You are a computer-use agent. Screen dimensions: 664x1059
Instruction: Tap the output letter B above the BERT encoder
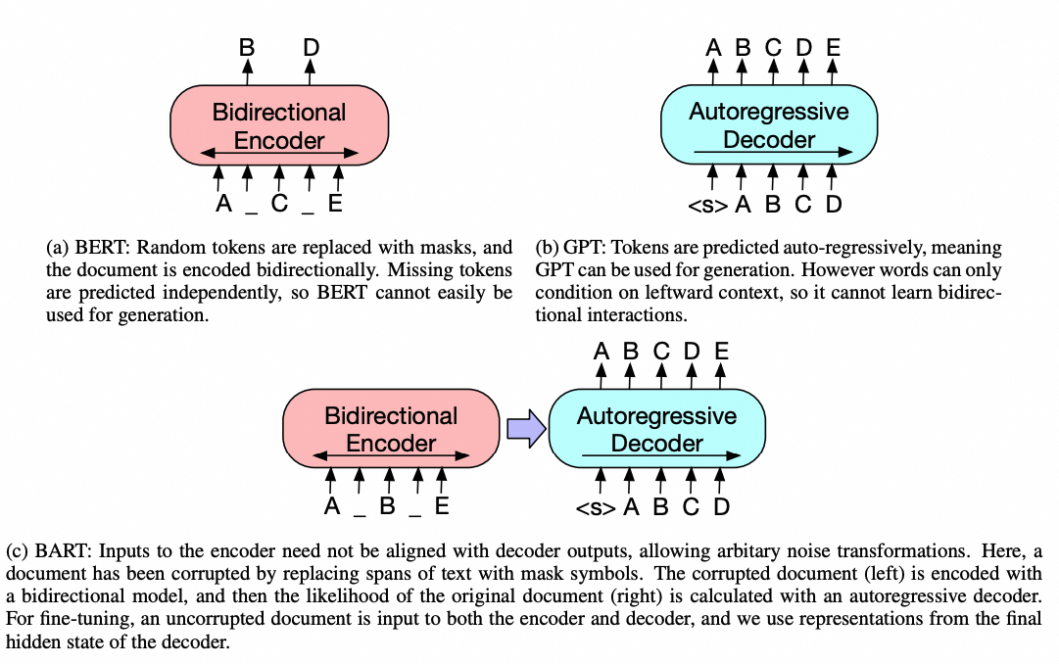(247, 46)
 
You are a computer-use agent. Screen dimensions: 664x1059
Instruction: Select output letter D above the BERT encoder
(311, 46)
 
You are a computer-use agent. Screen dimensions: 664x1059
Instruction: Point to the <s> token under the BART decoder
(597, 507)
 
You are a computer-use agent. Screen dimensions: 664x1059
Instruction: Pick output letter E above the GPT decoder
(833, 46)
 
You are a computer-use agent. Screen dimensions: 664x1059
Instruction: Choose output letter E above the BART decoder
(721, 351)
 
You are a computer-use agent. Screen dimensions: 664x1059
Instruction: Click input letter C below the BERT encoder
(279, 205)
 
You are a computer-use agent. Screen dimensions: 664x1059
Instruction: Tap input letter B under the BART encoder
(388, 507)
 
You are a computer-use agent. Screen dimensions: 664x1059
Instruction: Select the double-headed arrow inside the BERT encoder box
(279, 154)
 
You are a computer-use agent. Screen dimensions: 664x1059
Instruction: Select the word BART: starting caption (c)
(69, 549)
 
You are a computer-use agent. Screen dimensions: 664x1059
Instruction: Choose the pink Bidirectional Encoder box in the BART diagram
(391, 429)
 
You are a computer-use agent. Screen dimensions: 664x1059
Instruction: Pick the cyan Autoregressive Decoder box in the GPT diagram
(769, 124)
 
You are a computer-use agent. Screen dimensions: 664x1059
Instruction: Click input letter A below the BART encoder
(331, 507)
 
